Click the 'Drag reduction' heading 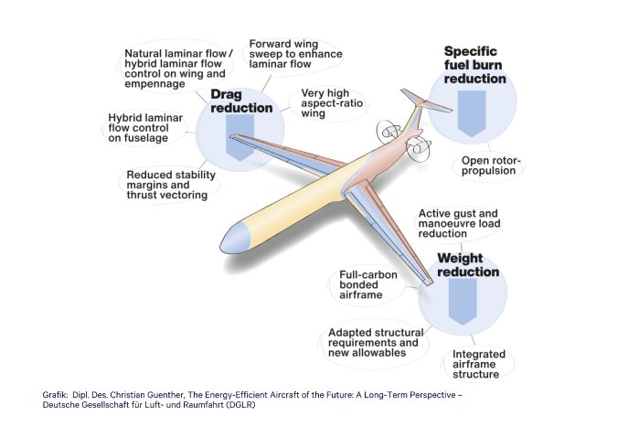[x=242, y=101]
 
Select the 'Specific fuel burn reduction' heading [x=474, y=65]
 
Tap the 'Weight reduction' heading [x=467, y=265]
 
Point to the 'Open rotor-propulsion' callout [x=489, y=165]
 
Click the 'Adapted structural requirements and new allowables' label [x=371, y=344]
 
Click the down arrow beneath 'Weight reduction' [x=462, y=302]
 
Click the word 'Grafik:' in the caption [x=56, y=394]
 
